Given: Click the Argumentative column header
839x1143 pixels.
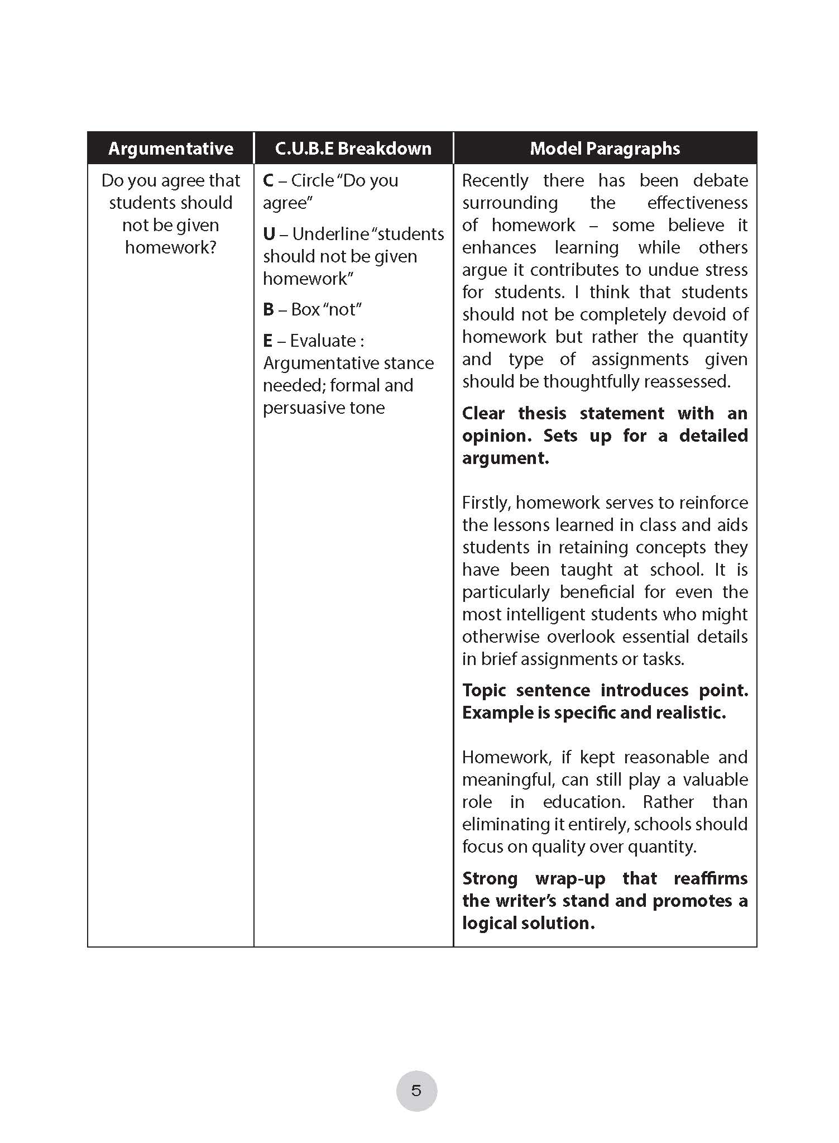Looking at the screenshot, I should pos(170,149).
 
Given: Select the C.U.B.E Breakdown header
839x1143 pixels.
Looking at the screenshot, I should pos(353,149).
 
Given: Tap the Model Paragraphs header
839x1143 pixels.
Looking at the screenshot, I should pos(605,149).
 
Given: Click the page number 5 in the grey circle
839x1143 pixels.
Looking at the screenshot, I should pos(416,1091).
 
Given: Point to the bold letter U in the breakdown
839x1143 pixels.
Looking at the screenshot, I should pos(269,234).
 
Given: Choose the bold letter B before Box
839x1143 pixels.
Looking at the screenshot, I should pos(269,309).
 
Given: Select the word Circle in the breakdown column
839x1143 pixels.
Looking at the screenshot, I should pos(312,180).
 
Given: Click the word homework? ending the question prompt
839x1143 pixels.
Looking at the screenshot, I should pos(170,247).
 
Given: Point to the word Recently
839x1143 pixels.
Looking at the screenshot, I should pos(495,180).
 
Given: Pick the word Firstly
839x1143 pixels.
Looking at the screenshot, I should pos(486,503).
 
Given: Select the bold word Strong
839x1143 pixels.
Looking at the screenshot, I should pos(490,878).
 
